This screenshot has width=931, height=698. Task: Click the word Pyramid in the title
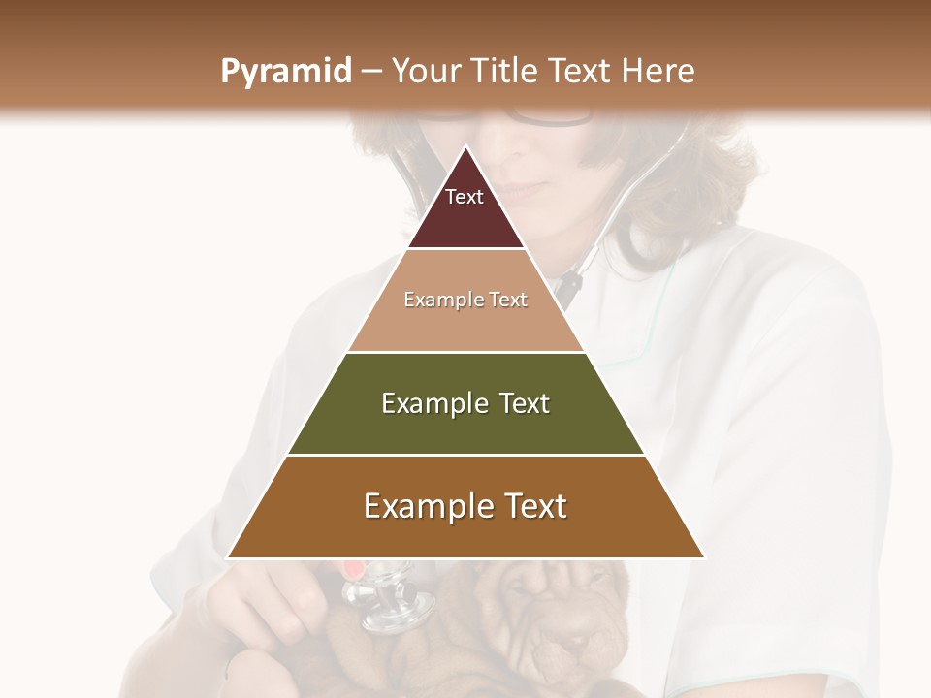point(285,72)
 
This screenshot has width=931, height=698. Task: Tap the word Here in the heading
point(658,72)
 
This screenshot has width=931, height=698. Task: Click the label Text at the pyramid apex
point(465,197)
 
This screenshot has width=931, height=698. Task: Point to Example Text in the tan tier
point(465,300)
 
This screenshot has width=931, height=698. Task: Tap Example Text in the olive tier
point(465,403)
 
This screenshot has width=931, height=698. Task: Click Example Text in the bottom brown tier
point(465,506)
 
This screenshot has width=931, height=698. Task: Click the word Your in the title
point(424,72)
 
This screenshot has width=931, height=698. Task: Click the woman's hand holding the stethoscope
point(281,601)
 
